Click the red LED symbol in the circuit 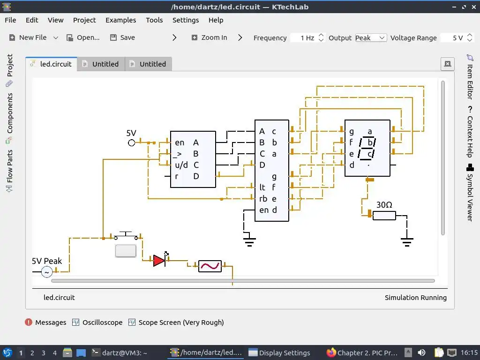tap(159, 260)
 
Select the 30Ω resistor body tap(384, 216)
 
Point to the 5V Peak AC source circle tap(47, 272)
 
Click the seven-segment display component tap(367, 148)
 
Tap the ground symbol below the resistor tap(407, 242)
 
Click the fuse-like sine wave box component tap(210, 266)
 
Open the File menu tap(10, 20)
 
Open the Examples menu tap(120, 20)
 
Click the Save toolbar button tap(122, 37)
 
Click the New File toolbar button tap(28, 37)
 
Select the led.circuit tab tap(52, 64)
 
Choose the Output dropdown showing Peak tap(370, 37)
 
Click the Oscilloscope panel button tap(97, 322)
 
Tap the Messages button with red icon tap(45, 322)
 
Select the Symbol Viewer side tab tap(470, 192)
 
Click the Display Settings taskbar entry tap(279, 352)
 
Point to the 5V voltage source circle tap(132, 142)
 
